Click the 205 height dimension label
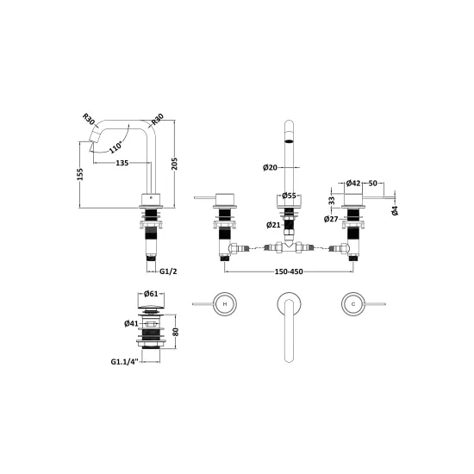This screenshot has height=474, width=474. pos(175,164)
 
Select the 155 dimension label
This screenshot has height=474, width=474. pos(80,174)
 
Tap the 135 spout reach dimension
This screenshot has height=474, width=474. pos(122,163)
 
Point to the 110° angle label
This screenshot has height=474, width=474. pos(115,147)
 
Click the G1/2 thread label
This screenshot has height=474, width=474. pos(168,271)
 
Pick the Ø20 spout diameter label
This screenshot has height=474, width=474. pos(270,167)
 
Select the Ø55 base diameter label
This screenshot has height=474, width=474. pos(289,196)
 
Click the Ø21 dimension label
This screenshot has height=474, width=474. pos(273,225)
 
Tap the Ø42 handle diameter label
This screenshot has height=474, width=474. pos(353,184)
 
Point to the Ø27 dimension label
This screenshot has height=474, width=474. pos(331,219)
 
